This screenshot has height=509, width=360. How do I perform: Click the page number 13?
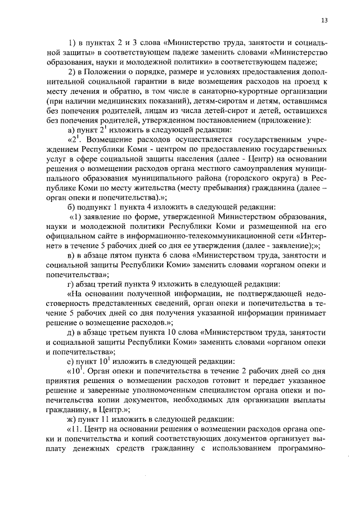click(x=324, y=20)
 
